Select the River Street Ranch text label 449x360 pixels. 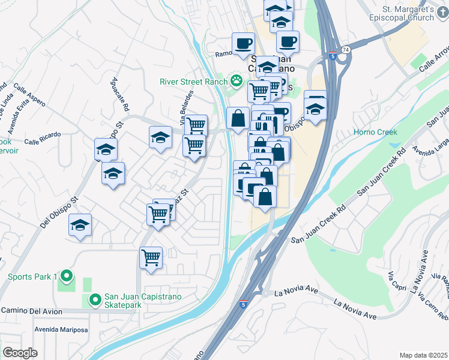tap(191, 82)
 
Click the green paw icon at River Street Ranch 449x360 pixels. tap(237, 80)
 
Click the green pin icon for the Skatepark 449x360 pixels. tap(94, 298)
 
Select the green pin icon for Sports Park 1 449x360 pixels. tap(67, 277)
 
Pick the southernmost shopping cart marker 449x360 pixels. tap(151, 258)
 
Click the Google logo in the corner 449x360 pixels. tap(20, 353)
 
